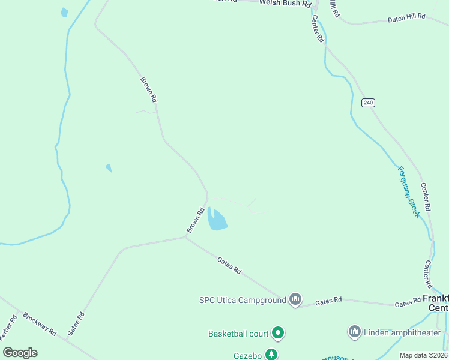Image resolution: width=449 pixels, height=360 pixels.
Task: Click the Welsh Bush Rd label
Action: click(x=285, y=3)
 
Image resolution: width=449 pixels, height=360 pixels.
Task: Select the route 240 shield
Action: click(x=368, y=103)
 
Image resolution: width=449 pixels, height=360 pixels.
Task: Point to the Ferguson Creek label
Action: click(x=409, y=191)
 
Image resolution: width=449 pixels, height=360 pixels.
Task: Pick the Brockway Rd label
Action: click(x=39, y=323)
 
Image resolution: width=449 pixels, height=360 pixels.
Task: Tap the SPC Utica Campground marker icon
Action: click(x=295, y=299)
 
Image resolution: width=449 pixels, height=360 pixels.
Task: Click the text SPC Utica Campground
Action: click(x=242, y=300)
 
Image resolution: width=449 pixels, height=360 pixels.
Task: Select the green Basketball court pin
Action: click(x=277, y=332)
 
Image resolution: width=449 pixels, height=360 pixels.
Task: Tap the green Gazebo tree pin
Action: click(x=272, y=355)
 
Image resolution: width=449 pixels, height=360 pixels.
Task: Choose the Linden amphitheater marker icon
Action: click(x=354, y=332)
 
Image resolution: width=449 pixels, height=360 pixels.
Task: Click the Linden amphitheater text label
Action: click(x=402, y=332)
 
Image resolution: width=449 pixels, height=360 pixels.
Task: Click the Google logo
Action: click(x=20, y=353)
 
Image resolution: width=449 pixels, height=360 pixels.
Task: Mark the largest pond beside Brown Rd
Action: click(x=217, y=221)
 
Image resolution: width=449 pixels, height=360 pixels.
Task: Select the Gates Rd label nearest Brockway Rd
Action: click(x=76, y=323)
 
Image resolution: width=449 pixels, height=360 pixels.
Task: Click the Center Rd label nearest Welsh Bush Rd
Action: click(x=318, y=29)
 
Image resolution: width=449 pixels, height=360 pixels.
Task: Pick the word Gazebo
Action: click(x=247, y=356)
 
